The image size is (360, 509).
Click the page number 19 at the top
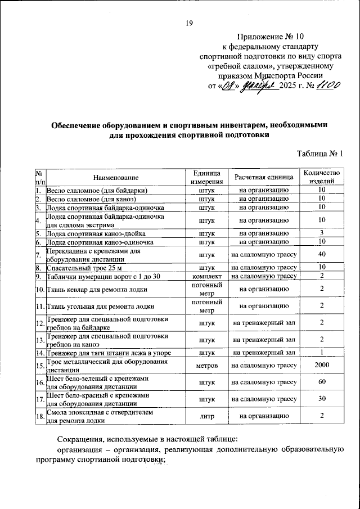[x=189, y=23]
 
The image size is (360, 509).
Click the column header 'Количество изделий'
[x=321, y=177]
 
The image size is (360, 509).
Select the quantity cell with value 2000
[x=321, y=366]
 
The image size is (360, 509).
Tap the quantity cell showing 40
[x=321, y=255]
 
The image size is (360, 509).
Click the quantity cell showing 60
[x=321, y=383]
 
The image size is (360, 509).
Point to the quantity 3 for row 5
[x=321, y=233]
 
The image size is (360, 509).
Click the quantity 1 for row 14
[x=321, y=353]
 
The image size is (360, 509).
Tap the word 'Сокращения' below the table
[x=83, y=438]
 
